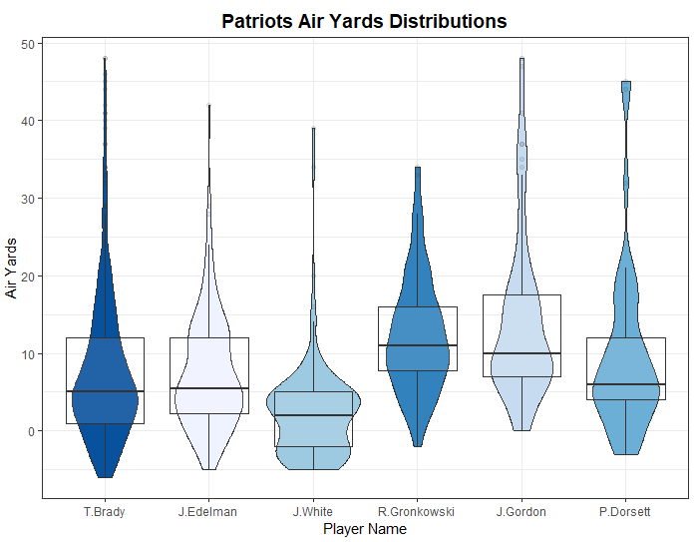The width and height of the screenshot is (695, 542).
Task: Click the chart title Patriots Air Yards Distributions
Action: [x=364, y=21]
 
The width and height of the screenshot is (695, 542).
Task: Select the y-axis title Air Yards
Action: [x=12, y=268]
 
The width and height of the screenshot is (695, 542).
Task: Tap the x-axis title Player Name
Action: [x=365, y=529]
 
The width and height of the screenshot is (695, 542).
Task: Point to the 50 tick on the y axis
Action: [x=30, y=44]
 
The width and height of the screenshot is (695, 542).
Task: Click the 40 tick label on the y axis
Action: [x=30, y=121]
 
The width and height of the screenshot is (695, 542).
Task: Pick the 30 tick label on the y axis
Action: [x=30, y=199]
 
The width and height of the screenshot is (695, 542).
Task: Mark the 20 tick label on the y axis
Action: [x=30, y=276]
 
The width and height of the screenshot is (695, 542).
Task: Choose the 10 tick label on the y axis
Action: [x=30, y=353]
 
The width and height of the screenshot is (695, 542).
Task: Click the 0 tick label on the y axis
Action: [x=33, y=431]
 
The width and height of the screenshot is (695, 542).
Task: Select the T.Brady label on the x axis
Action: [x=105, y=512]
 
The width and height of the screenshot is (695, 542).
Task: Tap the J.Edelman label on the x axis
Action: [x=208, y=512]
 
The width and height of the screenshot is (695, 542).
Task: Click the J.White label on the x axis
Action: [x=313, y=512]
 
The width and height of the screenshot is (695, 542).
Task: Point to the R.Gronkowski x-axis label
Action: [x=417, y=512]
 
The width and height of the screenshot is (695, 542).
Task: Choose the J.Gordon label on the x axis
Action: [x=521, y=512]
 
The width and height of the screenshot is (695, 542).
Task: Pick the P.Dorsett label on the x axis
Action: [x=625, y=512]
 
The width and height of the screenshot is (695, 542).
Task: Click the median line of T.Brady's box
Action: [x=105, y=391]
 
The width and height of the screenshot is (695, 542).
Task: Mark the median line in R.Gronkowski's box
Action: [x=417, y=345]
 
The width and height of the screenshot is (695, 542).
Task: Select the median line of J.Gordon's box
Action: [x=521, y=353]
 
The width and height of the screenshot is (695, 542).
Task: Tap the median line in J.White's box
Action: [x=313, y=415]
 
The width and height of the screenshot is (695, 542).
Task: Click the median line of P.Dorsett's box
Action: [x=625, y=384]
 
